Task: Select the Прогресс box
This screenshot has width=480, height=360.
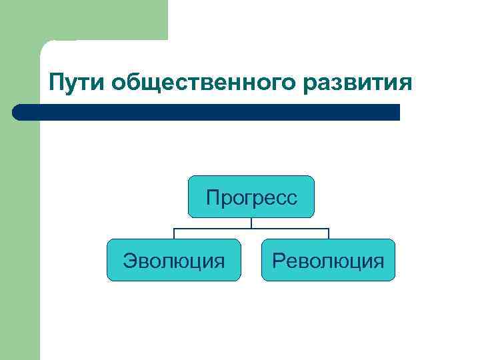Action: (x=251, y=197)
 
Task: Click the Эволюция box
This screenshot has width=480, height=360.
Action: (x=173, y=260)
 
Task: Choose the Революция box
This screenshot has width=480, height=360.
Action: (x=328, y=260)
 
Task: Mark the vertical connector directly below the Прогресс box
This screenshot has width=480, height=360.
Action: (x=251, y=223)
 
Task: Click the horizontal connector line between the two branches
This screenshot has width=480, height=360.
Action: (x=251, y=229)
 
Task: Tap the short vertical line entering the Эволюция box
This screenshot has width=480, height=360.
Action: (x=174, y=233)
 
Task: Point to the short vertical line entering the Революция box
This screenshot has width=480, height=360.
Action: (x=329, y=233)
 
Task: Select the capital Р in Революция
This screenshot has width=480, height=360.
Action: (x=277, y=260)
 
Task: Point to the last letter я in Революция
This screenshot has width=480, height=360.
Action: (x=379, y=261)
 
